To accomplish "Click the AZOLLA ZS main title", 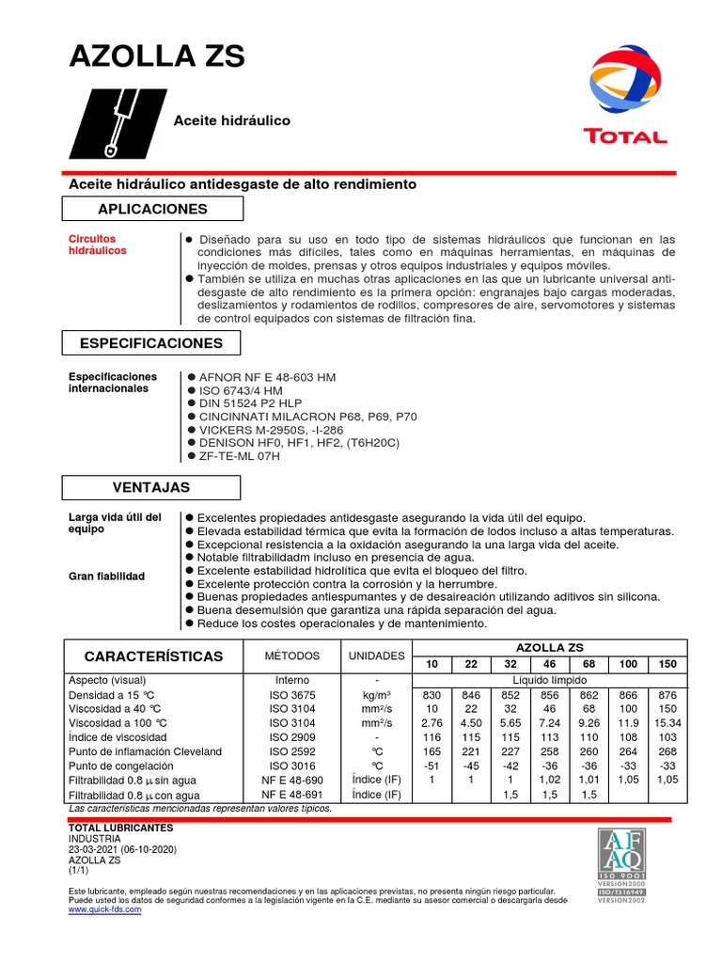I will click(157, 57).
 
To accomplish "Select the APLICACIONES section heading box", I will click(151, 209).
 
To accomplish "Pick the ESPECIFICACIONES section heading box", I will click(151, 344).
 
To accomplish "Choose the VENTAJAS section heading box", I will click(151, 487).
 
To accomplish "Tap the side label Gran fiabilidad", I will click(106, 576).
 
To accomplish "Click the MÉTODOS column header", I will click(291, 655).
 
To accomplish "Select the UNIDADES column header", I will click(375, 655).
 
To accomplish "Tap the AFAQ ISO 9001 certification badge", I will click(620, 864).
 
